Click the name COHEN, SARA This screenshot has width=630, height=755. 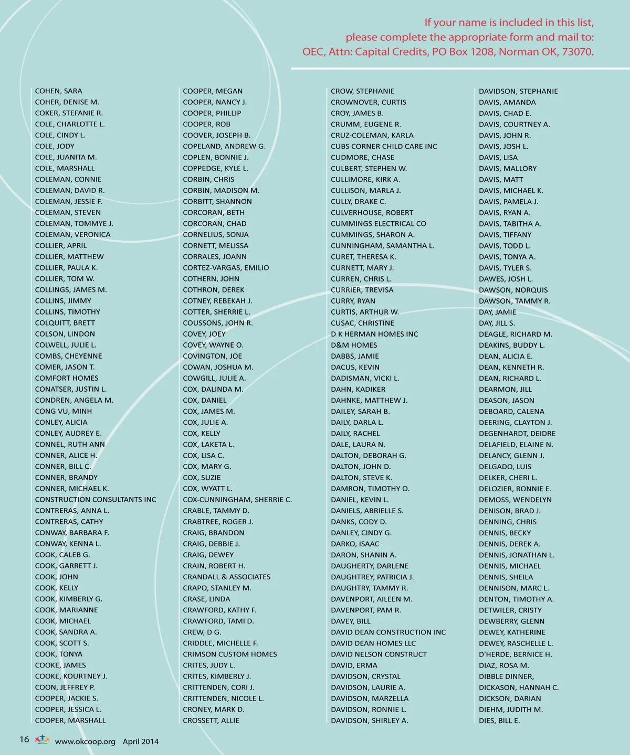point(58,91)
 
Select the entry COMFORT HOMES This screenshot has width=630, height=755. point(67,378)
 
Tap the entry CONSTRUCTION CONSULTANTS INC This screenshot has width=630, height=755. point(96,500)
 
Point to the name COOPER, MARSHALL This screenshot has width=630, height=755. point(70,720)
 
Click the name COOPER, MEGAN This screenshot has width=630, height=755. point(213,91)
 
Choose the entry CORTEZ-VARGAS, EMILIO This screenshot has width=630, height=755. point(226,268)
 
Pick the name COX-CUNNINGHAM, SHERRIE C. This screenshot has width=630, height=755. point(237,500)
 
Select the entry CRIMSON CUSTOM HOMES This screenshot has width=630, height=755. point(229,654)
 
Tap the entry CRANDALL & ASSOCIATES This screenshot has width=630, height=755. point(227,577)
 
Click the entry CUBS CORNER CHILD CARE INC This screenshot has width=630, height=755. point(384,146)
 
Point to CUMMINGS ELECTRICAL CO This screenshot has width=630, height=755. point(379,223)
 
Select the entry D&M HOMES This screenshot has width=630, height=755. point(354,345)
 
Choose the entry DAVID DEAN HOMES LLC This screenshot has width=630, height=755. point(373,643)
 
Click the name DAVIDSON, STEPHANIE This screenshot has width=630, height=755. point(518,91)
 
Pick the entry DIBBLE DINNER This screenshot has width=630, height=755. point(506,676)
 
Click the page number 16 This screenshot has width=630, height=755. point(24,740)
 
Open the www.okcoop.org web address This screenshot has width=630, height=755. point(85,742)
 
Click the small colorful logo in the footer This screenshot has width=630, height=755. point(42,740)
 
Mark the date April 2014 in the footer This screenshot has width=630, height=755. point(141,742)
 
